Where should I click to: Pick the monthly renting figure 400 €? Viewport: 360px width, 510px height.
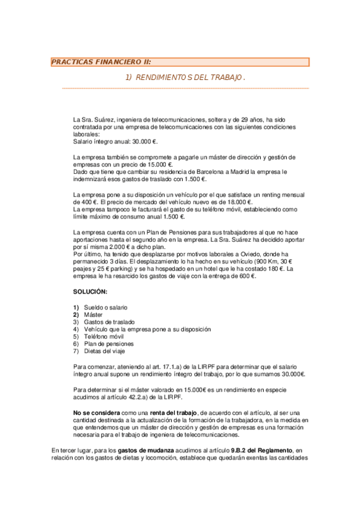click(82, 202)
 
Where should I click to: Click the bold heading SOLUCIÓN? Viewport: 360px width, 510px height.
click(90, 292)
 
